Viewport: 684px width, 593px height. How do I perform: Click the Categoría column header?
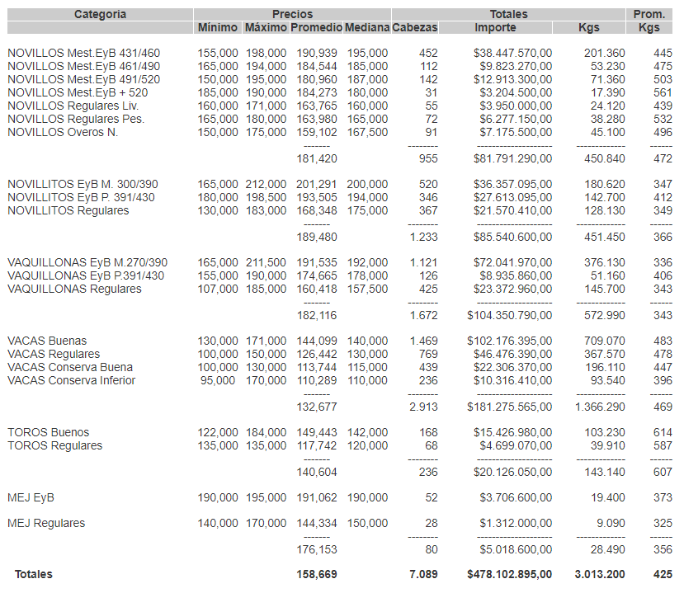[100, 14]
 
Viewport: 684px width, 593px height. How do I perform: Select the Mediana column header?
[366, 28]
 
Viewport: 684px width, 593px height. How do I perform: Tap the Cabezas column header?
[415, 28]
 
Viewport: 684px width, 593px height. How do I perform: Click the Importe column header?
[495, 28]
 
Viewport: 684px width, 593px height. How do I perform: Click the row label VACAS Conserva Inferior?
[71, 380]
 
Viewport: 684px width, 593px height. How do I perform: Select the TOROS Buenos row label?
[48, 432]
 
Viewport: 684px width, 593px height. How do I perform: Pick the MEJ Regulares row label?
[46, 523]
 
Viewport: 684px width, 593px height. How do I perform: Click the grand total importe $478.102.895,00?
[509, 574]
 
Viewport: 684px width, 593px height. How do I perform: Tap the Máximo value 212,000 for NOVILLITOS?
[266, 185]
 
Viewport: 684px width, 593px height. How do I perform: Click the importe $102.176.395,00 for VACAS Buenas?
[509, 341]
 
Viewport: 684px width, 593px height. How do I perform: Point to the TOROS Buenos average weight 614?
[662, 432]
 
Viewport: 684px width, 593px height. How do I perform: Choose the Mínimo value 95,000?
[219, 380]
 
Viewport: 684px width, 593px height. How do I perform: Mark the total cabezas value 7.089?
[423, 574]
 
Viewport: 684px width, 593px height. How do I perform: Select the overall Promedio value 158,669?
[318, 574]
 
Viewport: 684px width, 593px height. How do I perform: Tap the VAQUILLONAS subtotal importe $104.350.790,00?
[509, 316]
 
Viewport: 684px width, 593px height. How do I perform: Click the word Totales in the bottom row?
[33, 574]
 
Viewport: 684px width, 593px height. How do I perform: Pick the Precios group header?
[292, 14]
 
